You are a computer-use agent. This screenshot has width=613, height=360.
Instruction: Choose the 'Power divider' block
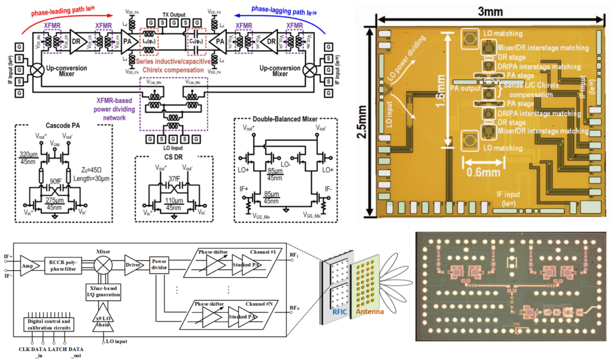coord(158,263)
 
